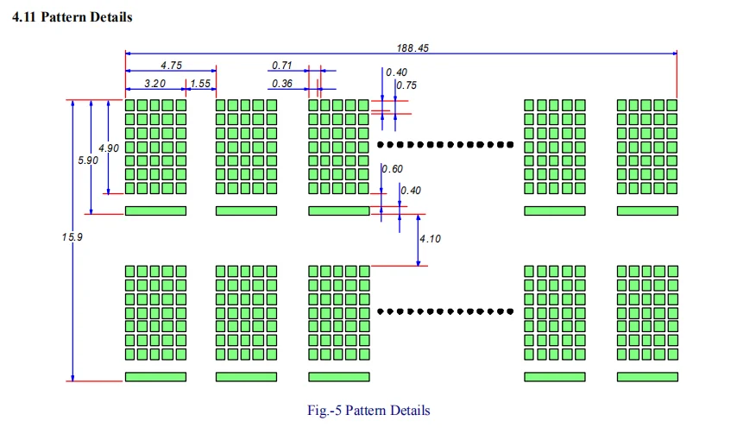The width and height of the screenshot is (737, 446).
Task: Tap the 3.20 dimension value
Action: click(x=154, y=83)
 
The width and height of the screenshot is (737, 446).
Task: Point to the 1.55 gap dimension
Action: click(x=200, y=83)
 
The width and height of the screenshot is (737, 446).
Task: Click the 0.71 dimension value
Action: click(x=282, y=65)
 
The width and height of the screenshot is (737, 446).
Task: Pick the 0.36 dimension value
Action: click(x=282, y=83)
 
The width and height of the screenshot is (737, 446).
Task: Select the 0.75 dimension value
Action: click(x=406, y=85)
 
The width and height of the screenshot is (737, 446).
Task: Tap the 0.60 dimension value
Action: click(x=393, y=169)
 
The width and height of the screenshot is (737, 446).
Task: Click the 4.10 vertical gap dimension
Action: click(x=430, y=238)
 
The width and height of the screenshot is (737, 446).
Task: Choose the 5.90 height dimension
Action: click(x=88, y=160)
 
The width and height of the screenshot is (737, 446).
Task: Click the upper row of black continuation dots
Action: click(x=445, y=144)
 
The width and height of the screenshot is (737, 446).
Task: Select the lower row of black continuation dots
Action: click(x=445, y=311)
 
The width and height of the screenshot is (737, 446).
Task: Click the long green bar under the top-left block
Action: click(x=155, y=210)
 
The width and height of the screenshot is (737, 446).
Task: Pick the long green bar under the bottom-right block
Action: click(x=646, y=377)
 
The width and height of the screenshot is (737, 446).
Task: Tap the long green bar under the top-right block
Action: click(x=646, y=210)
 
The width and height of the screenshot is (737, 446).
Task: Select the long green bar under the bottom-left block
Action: click(x=155, y=377)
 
